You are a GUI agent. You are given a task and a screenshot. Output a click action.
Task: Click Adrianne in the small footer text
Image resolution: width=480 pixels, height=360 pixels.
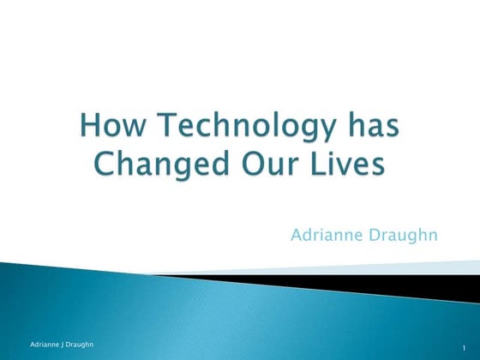[40, 344]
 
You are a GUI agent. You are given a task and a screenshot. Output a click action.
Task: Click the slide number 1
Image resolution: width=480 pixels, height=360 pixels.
[461, 346]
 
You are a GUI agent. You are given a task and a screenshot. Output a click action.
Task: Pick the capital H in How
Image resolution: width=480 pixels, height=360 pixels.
[89, 129]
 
